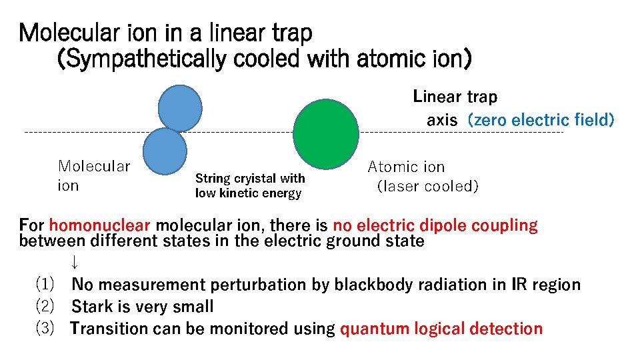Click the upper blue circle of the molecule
pos(180,108)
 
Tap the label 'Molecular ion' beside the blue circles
pos(94,175)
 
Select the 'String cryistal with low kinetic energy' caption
pos(249,186)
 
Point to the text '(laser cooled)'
pos(427,187)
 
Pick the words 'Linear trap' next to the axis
pos(455,97)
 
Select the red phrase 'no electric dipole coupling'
pos(435,225)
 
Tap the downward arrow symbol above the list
pos(75,261)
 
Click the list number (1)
pos(45,285)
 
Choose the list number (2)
pos(45,307)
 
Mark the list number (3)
pos(45,329)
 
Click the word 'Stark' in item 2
pos(91,307)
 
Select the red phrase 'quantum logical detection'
pos(441,329)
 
